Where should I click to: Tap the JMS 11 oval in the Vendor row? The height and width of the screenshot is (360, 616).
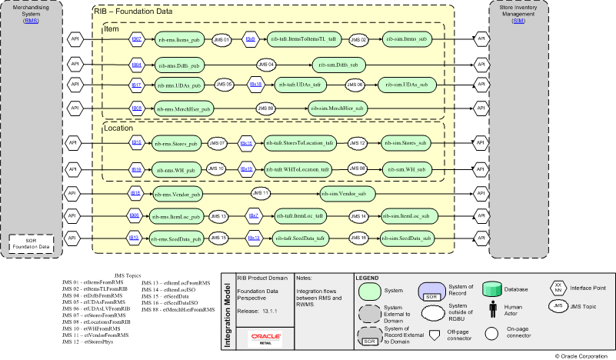[x=261, y=192]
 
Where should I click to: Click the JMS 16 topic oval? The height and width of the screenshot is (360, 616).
[x=358, y=239]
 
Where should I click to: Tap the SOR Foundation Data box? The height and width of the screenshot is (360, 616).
[x=31, y=244]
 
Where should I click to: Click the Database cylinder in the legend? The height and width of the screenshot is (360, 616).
[x=492, y=289]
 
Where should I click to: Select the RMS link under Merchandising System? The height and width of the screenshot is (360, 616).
[x=32, y=22]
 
